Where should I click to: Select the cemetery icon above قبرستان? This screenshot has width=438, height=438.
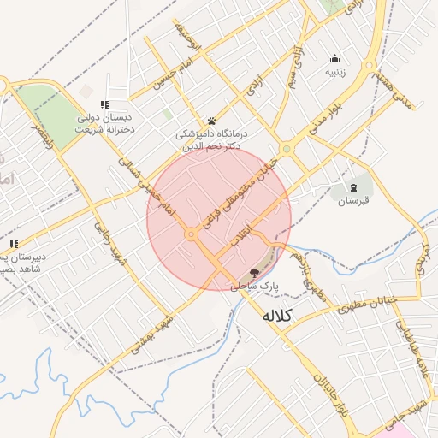point(353,187)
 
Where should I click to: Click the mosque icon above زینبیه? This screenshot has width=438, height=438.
point(334,59)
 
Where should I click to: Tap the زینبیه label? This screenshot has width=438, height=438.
point(334,73)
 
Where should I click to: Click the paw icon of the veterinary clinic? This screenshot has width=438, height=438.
point(211,121)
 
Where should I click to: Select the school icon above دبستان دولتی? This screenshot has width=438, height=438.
point(104,104)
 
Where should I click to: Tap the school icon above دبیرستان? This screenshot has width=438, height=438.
point(12,244)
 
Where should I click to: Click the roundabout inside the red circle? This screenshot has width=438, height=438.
point(190,234)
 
